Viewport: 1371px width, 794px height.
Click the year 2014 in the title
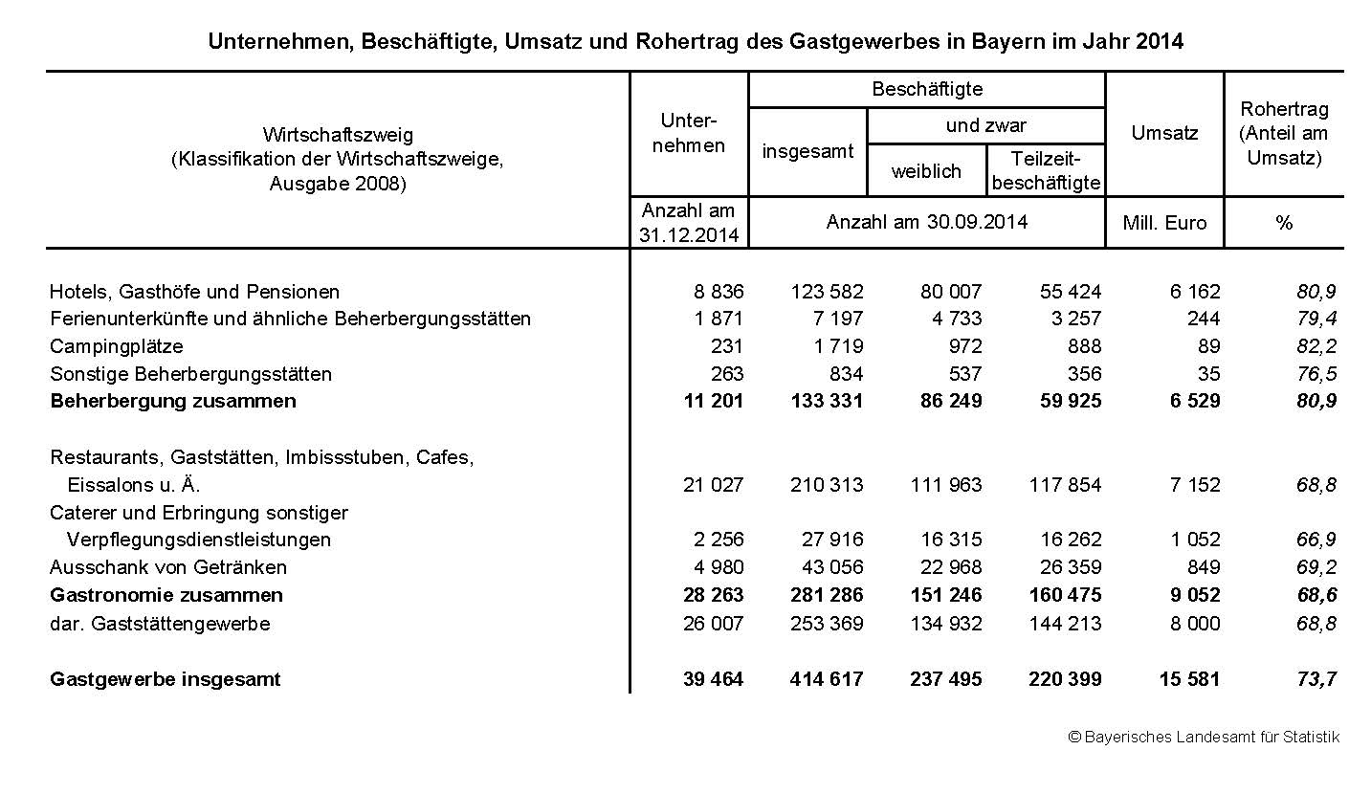pyautogui.click(x=1159, y=42)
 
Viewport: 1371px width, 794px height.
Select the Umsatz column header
pyautogui.click(x=1164, y=133)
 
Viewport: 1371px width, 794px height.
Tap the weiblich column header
pyautogui.click(x=926, y=171)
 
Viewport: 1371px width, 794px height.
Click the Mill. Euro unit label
pyautogui.click(x=1164, y=223)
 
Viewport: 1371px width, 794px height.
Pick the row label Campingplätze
pyautogui.click(x=116, y=346)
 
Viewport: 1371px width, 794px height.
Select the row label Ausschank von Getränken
pyautogui.click(x=168, y=567)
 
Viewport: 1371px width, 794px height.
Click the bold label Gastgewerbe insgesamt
pyautogui.click(x=166, y=679)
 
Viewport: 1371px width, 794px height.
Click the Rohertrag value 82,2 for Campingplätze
pyautogui.click(x=1316, y=346)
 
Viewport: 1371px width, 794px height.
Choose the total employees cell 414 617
pyautogui.click(x=827, y=679)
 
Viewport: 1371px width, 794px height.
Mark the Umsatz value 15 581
pyautogui.click(x=1189, y=679)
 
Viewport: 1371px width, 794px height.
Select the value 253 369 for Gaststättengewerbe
pyautogui.click(x=827, y=624)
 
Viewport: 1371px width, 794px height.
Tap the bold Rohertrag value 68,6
pyautogui.click(x=1316, y=595)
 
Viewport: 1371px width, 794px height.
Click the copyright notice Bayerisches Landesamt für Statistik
pyautogui.click(x=1204, y=737)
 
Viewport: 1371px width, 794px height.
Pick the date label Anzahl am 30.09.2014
pyautogui.click(x=926, y=222)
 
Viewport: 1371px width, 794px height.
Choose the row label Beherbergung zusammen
pyautogui.click(x=173, y=401)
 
